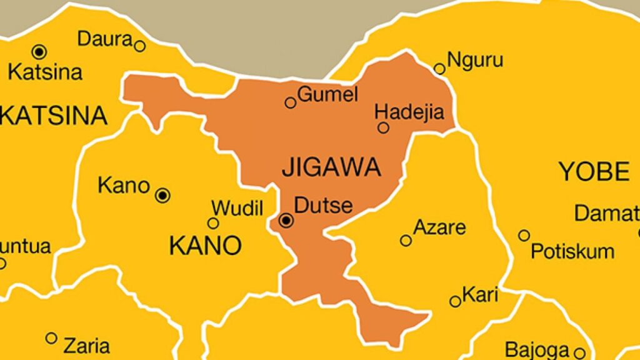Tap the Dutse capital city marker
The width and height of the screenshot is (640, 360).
coord(286,220)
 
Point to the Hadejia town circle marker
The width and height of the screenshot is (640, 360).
coord(384,127)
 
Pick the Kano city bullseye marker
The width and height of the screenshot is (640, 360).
coord(163,196)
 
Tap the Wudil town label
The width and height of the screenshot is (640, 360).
coord(237,208)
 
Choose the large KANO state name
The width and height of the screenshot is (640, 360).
coord(205,246)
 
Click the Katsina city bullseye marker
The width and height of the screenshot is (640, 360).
coord(40,51)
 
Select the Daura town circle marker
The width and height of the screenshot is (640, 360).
coord(140,46)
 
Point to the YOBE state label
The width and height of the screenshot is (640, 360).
coord(594,171)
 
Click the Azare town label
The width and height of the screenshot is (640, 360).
coord(440,227)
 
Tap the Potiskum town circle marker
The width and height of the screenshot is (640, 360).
coord(524,236)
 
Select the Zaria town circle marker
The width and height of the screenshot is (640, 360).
coord(51,338)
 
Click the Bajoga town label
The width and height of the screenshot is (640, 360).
coord(537,349)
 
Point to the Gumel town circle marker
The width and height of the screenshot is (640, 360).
coord(290,102)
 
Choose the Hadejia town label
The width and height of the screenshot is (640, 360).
coord(409,112)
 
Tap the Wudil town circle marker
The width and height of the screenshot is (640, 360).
coord(213,223)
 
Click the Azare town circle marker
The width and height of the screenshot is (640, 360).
coord(406,240)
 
